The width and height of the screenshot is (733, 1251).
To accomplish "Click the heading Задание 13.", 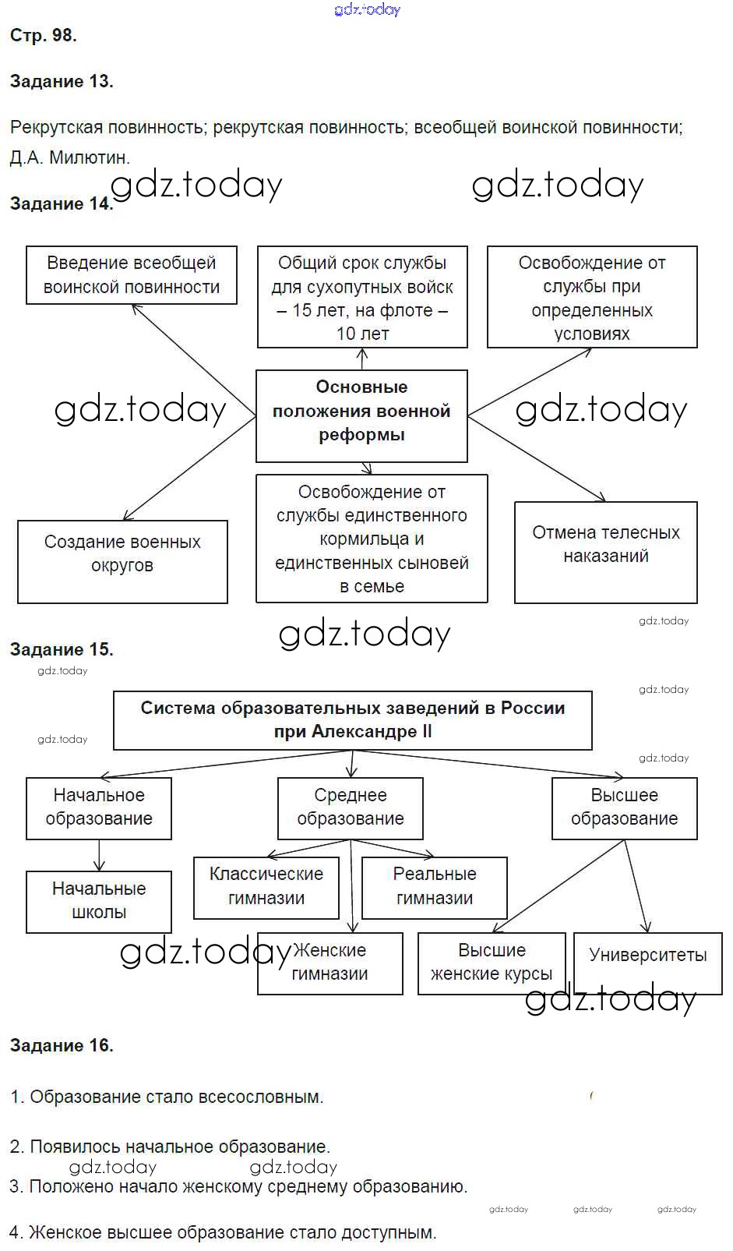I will (x=62, y=81).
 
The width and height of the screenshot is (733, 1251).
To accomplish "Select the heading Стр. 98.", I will (x=43, y=35).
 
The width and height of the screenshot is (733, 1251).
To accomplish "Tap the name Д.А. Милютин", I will (x=70, y=157).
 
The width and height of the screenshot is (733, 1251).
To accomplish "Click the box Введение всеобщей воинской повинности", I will (x=132, y=275).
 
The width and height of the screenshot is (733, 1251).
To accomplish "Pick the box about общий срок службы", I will (x=362, y=297).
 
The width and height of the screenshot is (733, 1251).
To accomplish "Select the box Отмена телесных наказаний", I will (x=605, y=552).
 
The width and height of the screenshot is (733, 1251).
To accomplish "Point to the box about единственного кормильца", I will (x=372, y=538).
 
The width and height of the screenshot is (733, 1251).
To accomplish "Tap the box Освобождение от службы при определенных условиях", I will (x=592, y=297).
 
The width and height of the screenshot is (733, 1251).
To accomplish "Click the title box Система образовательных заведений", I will (x=352, y=719).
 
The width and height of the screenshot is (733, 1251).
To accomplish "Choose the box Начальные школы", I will (x=99, y=901).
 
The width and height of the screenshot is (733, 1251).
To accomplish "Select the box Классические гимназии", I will (x=266, y=887).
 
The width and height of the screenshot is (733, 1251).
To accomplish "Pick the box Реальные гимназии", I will (x=434, y=887).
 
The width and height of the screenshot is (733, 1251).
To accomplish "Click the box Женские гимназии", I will (x=330, y=963).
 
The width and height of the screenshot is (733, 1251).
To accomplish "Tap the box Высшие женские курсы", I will (x=492, y=963).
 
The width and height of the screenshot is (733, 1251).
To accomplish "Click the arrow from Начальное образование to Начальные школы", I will (x=99, y=855).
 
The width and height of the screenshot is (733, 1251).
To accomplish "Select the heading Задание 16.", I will (x=62, y=1045).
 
